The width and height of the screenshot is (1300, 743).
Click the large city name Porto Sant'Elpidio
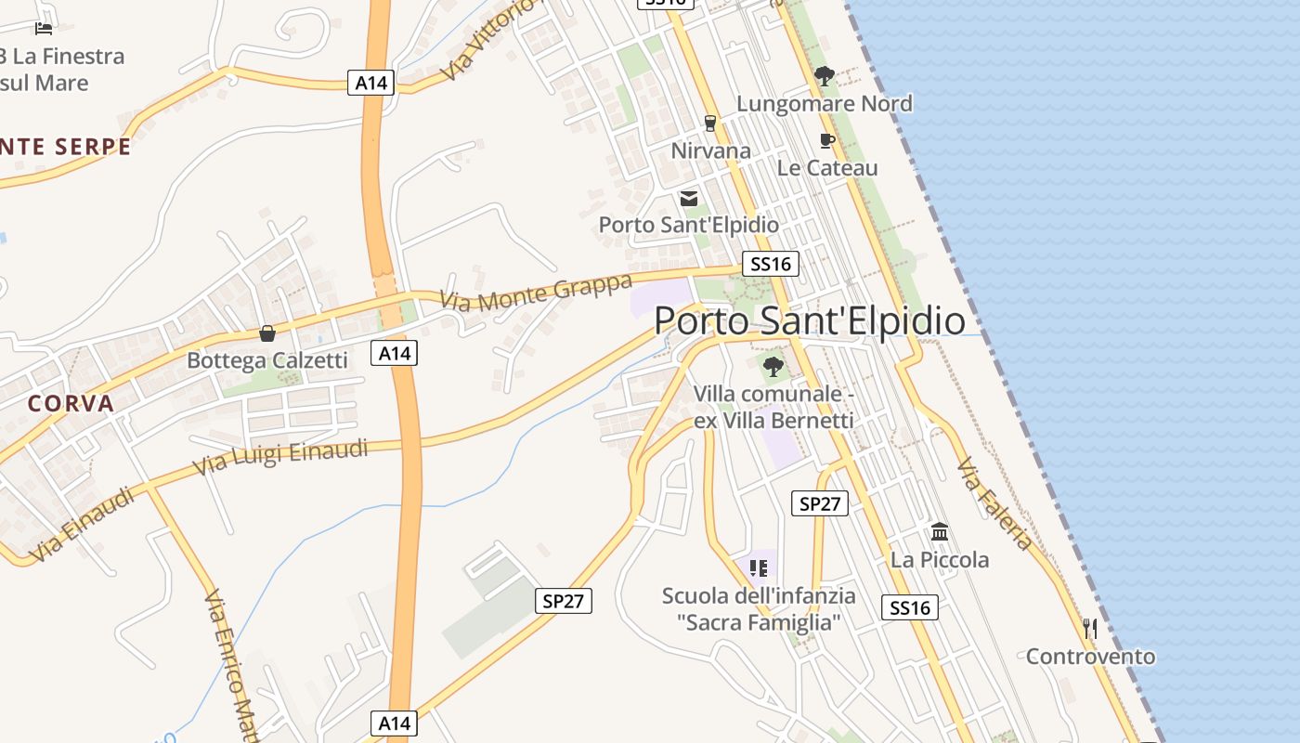[810, 320]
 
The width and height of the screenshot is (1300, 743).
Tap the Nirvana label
[711, 150]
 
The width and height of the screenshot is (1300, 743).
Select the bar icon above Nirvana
[710, 124]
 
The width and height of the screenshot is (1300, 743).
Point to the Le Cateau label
[827, 168]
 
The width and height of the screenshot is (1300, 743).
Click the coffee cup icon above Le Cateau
[826, 141]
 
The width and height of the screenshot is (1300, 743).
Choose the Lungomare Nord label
[825, 103]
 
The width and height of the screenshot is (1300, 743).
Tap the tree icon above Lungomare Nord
[824, 76]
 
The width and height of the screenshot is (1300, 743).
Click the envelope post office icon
[689, 198]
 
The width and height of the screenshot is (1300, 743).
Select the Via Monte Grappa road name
[536, 292]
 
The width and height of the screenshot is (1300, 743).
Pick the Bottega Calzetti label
[267, 360]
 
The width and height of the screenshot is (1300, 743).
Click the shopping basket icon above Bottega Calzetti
[267, 333]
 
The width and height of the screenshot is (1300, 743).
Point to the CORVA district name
[71, 404]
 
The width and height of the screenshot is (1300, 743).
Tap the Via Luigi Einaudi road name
[280, 459]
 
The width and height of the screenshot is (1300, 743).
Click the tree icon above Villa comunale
[773, 367]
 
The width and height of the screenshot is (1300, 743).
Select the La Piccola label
[940, 560]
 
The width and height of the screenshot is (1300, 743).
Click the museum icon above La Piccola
[940, 533]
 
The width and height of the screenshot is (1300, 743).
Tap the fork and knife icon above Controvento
[1090, 629]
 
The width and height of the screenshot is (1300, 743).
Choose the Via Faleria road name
[995, 502]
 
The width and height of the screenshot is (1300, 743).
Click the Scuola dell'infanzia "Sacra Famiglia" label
[759, 609]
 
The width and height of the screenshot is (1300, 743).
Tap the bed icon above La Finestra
[44, 29]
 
